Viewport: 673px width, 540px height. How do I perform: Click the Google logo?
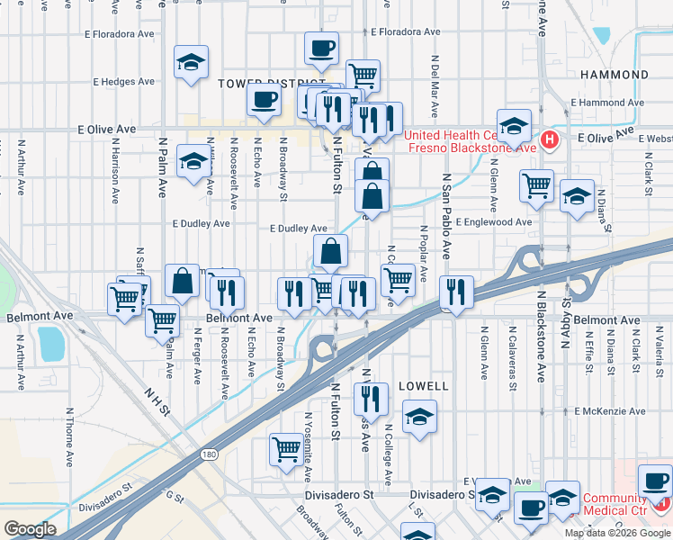point(30,529)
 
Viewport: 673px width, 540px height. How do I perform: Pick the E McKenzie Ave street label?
point(610,411)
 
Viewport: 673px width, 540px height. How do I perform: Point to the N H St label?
point(157,402)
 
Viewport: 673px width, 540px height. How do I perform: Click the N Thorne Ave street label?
point(68,437)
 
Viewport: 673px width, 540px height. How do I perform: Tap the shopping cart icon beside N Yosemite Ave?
point(286,448)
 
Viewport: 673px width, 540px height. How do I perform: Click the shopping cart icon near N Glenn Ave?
point(537,186)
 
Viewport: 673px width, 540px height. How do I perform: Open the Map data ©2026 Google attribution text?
point(617,532)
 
